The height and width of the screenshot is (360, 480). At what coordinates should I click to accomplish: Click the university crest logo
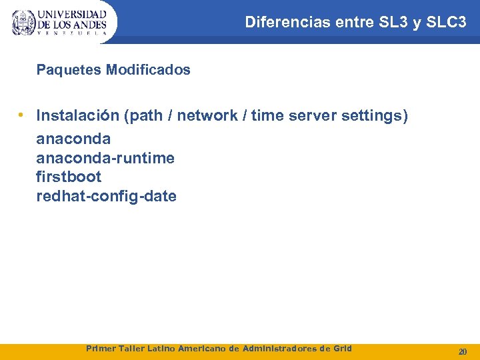[x=24, y=22]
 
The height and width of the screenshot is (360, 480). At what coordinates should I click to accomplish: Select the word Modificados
[x=148, y=69]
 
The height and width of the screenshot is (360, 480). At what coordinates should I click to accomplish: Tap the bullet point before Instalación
[x=22, y=115]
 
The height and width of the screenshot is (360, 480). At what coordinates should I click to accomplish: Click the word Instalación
[x=77, y=116]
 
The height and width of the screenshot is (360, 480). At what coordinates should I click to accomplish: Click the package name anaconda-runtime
[x=105, y=158]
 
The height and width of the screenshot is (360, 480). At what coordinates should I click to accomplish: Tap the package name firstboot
[x=69, y=177]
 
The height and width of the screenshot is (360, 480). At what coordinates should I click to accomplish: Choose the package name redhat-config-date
[x=106, y=196]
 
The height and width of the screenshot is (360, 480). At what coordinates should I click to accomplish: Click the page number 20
[x=462, y=351]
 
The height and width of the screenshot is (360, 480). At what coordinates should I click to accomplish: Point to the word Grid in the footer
[x=341, y=349]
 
